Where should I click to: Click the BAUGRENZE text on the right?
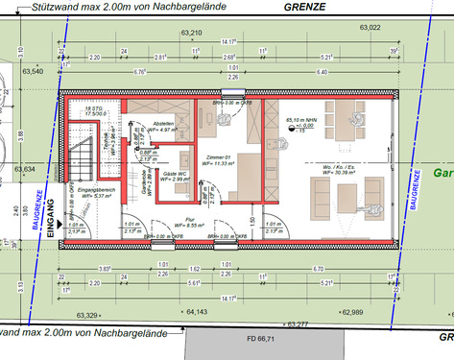pyautogui.click(x=414, y=188)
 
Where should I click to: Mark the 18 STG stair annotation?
pyautogui.click(x=92, y=111)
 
